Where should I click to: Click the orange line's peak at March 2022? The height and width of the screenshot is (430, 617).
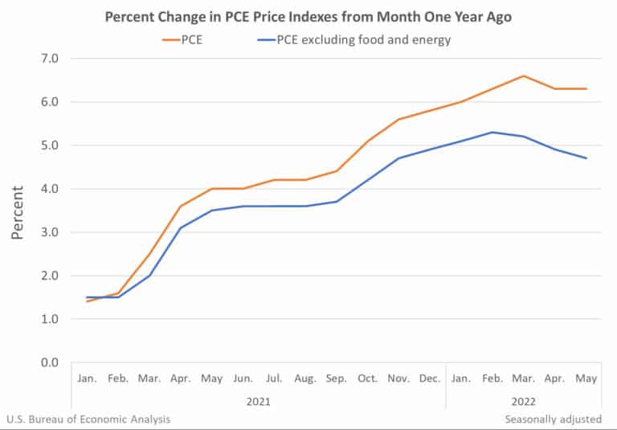[x=524, y=76]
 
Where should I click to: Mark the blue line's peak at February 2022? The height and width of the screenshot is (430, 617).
[x=492, y=133]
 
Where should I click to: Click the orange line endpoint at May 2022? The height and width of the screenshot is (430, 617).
[x=586, y=88]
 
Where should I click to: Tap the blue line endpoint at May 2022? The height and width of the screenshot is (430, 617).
[x=586, y=158]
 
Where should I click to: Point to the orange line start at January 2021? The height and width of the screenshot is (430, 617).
[x=87, y=301]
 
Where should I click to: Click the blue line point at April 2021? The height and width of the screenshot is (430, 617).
[x=181, y=228]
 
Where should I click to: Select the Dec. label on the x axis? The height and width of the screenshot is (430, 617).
[x=430, y=379]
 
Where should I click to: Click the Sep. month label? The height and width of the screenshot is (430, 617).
[x=337, y=379]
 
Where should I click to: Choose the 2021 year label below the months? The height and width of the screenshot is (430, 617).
[x=259, y=399]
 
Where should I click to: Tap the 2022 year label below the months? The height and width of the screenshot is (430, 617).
[x=524, y=399]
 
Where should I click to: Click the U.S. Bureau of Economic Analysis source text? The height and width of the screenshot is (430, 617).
[x=88, y=419]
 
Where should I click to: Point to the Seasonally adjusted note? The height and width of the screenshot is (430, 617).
[x=553, y=419]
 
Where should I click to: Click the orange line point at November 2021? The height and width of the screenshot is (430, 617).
[x=399, y=119]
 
